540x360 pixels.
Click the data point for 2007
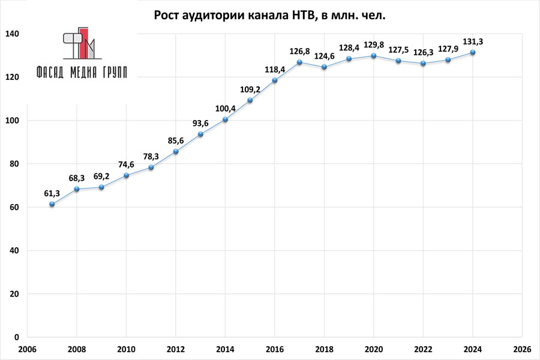tap(52, 204)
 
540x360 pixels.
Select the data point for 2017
tap(299, 62)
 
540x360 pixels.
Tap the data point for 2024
tap(473, 52)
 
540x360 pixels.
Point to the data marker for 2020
tap(374, 56)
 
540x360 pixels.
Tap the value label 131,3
tap(473, 41)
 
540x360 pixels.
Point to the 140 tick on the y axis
tap(13, 34)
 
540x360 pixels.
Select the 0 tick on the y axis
tap(17, 337)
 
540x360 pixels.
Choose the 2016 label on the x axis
tap(275, 349)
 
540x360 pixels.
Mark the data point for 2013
tap(200, 134)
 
